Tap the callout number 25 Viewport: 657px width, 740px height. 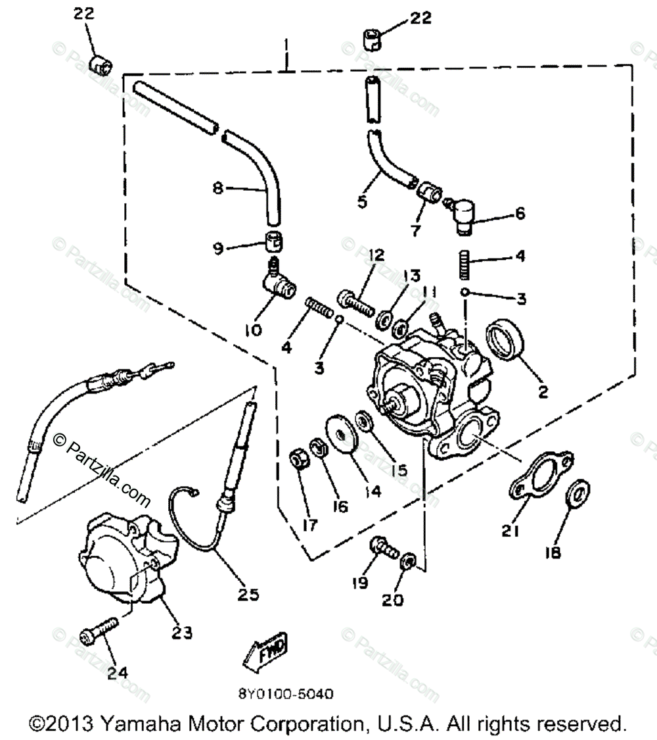click(248, 595)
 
